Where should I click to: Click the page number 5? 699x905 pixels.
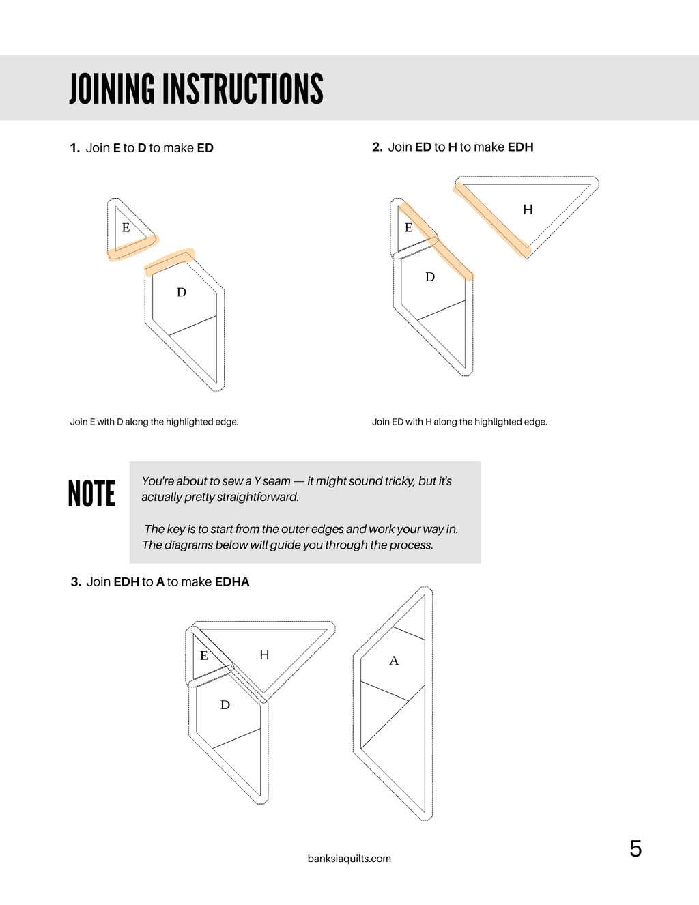point(636,849)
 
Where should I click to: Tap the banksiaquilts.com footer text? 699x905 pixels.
point(349,859)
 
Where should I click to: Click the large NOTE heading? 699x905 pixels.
point(91,493)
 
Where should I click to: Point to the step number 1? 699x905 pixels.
point(74,148)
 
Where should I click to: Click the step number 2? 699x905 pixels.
point(377,147)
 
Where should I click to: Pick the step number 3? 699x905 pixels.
point(76,581)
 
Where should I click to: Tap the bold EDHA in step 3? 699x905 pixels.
point(232,581)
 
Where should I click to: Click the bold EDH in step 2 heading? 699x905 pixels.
point(520,147)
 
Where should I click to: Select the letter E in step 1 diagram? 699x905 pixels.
point(126,227)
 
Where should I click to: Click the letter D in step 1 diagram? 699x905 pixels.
point(181,292)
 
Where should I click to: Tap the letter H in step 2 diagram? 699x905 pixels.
point(528,210)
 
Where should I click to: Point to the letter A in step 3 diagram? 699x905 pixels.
point(394,661)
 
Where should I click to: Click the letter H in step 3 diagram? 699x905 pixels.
point(264,655)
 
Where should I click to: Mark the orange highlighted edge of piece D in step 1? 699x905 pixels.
point(169,261)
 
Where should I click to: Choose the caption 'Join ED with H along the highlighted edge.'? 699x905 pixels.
point(459,422)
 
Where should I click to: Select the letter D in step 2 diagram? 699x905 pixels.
point(430,277)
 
